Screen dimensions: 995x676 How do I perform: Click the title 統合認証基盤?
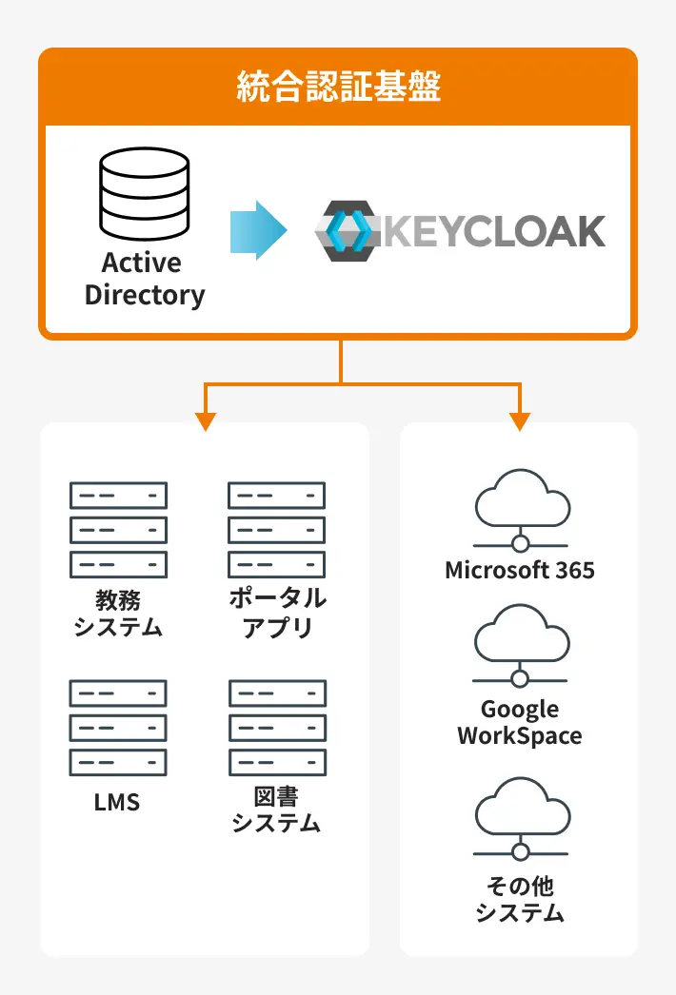(x=338, y=88)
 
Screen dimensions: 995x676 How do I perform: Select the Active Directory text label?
(x=145, y=279)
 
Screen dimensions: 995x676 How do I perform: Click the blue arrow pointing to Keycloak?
(x=258, y=230)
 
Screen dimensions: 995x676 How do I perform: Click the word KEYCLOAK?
(x=494, y=231)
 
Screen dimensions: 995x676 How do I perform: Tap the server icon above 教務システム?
(x=118, y=530)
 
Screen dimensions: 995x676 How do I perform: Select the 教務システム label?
(x=118, y=614)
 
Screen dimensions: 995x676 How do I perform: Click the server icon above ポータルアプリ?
(x=276, y=530)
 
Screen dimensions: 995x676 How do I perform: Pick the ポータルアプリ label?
(x=277, y=613)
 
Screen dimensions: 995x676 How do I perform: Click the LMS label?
(x=117, y=802)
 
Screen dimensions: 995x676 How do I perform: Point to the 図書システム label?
(x=276, y=810)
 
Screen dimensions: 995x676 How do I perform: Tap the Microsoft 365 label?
(x=520, y=571)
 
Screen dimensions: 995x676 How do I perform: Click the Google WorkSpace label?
(x=520, y=722)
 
